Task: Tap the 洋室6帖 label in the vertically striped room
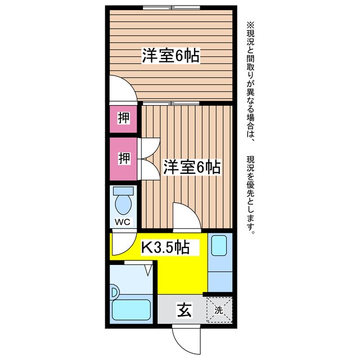[191, 167]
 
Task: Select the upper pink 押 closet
[123, 118]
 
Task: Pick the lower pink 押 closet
[123, 159]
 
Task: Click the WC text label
[123, 222]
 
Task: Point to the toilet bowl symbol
[123, 200]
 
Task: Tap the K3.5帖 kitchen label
[164, 246]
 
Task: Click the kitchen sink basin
[218, 245]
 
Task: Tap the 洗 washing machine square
[218, 309]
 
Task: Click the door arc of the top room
[121, 90]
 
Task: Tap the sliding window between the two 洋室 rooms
[170, 103]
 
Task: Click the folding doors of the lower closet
[147, 159]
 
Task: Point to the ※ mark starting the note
[251, 25]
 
